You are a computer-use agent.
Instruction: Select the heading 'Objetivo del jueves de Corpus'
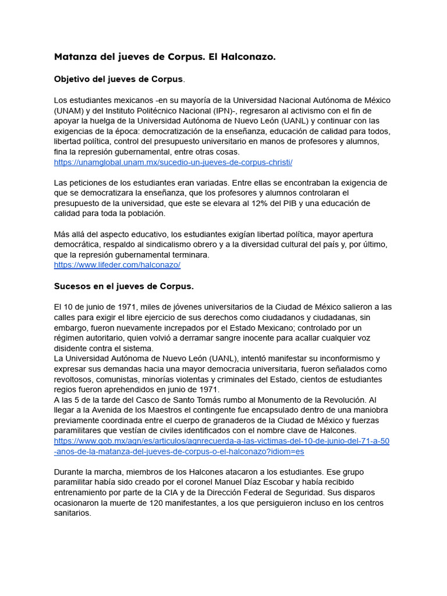pos(118,79)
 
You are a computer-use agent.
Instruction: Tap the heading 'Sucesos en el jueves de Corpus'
pos(123,286)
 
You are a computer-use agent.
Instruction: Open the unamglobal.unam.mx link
pos(173,162)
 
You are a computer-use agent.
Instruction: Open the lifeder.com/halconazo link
pos(117,265)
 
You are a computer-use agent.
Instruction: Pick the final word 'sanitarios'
pos(72,514)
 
